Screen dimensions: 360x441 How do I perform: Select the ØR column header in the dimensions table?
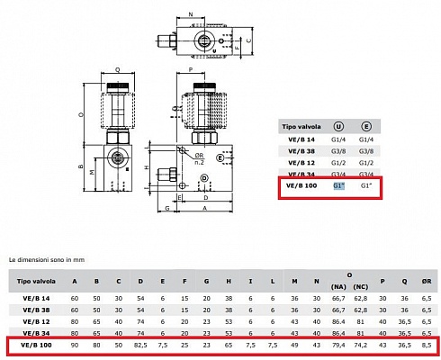pos(427,281)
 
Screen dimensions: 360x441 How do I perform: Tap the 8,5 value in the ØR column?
pos(427,344)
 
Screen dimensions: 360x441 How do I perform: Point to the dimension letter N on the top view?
pos(192,15)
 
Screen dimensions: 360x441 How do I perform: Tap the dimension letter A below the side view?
pos(202,208)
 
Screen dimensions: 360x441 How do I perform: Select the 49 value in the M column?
pos(293,344)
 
